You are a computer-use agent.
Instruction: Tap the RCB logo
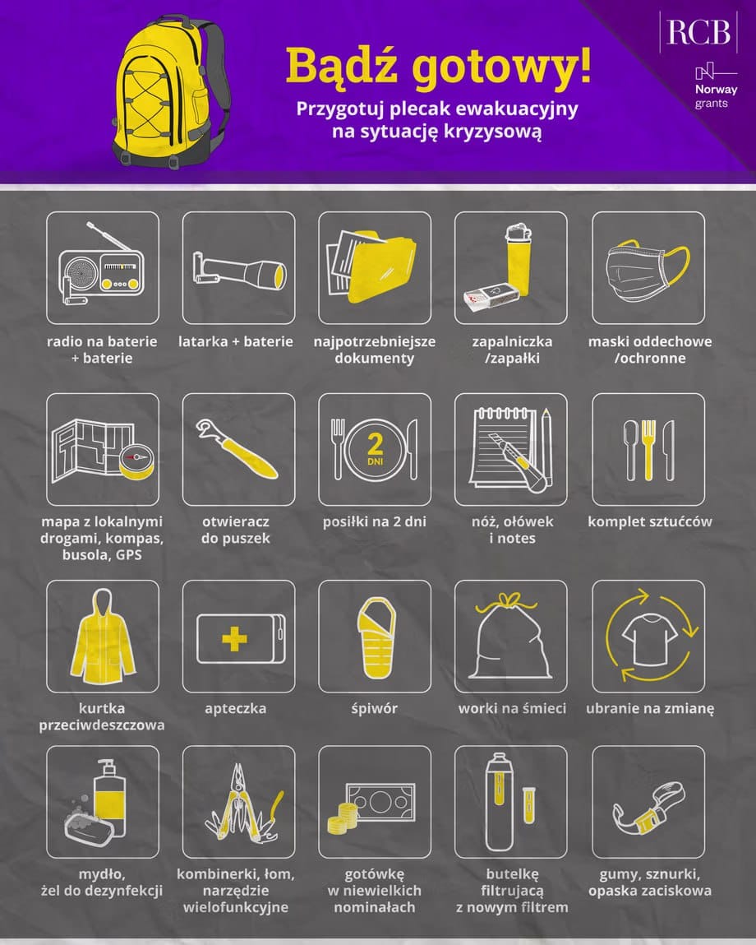698,32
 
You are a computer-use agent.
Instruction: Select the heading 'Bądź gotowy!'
438,66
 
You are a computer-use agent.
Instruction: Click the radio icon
103,267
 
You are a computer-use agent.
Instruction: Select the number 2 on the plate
375,444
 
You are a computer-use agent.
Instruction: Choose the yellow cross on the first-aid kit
234,639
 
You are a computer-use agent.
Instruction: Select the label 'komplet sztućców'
649,521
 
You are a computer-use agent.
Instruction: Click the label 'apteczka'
236,709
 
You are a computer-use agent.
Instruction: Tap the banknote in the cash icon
380,802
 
